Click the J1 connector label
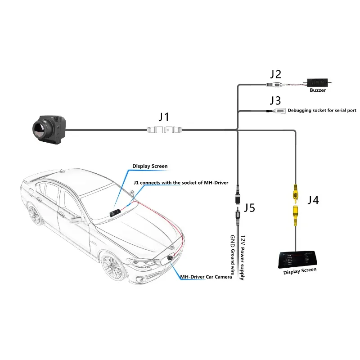tap(164, 117)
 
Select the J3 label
tap(275, 100)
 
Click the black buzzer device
tap(318, 83)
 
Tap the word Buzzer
tap(317, 90)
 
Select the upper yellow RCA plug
tap(295, 193)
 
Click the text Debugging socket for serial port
tap(322, 110)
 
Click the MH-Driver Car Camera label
tap(206, 277)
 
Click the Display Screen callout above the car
tap(149, 166)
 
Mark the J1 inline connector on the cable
tap(165, 130)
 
